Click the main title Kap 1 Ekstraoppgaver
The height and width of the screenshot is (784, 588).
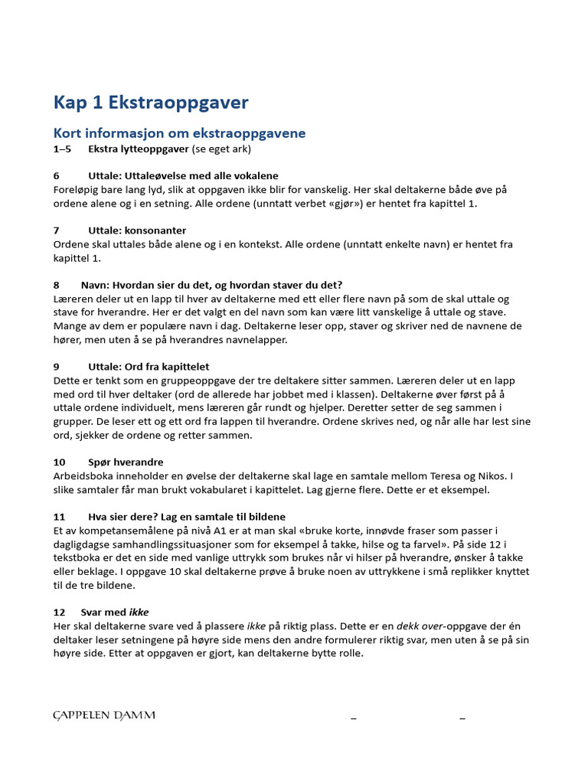pyautogui.click(x=150, y=103)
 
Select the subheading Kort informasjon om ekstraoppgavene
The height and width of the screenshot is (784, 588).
pyautogui.click(x=178, y=133)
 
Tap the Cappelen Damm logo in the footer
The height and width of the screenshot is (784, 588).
pyautogui.click(x=104, y=715)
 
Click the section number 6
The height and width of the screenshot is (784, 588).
pyautogui.click(x=57, y=176)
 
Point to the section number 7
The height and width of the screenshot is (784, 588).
pyautogui.click(x=57, y=230)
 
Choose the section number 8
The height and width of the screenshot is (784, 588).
pyautogui.click(x=57, y=285)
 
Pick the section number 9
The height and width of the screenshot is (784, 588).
pyautogui.click(x=57, y=367)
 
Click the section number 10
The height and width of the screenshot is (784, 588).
pyautogui.click(x=60, y=462)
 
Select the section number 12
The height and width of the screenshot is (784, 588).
pyautogui.click(x=60, y=612)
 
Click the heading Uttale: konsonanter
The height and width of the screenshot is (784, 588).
pyautogui.click(x=138, y=230)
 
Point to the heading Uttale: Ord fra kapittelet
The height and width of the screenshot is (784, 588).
pyautogui.click(x=149, y=367)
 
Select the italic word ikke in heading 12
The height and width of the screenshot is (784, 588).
pyautogui.click(x=139, y=612)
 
